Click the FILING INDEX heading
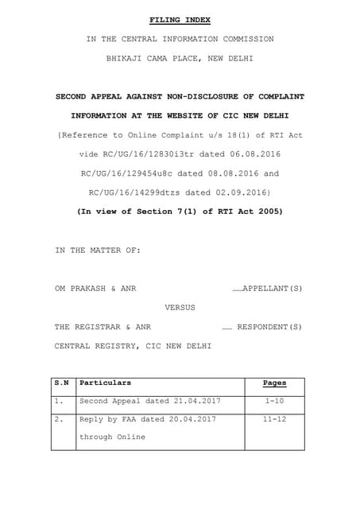pos(180,19)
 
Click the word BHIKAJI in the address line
pos(128,58)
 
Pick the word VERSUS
pos(180,306)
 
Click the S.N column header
pos(61,383)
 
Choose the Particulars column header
pos(106,383)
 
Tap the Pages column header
pos(274,383)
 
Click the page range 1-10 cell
pos(274,402)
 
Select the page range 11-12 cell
pos(274,418)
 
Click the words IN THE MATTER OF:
pos(97,250)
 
